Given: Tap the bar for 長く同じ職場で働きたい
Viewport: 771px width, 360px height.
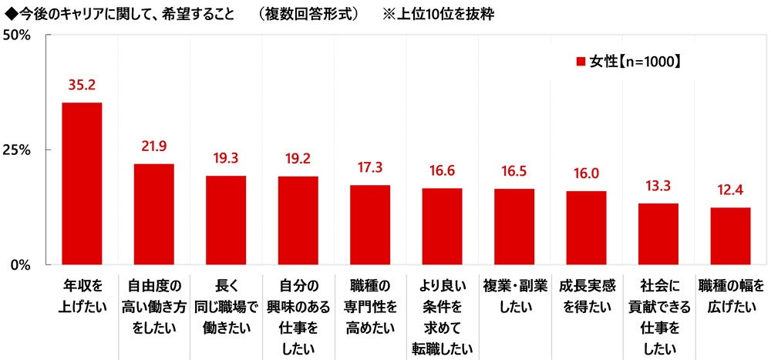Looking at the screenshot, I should pos(226,220).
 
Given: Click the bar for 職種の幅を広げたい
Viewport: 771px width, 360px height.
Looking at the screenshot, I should pos(730,235).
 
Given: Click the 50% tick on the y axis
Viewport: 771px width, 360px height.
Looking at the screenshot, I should pos(16,35).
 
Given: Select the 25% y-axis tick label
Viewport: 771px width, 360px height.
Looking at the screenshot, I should pos(16,150).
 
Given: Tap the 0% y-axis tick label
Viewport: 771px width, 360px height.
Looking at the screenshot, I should pos(20,264).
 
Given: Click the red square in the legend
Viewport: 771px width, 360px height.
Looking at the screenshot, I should pos(581,61).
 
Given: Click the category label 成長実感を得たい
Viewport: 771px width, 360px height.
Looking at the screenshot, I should pos(586,295).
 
